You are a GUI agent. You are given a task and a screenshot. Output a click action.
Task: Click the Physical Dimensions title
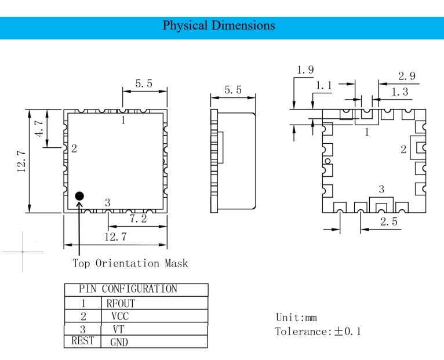219,26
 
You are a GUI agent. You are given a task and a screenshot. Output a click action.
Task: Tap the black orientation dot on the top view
79,196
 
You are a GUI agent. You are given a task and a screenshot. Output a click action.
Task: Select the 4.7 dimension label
39,129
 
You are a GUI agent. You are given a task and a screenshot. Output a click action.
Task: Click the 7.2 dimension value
138,219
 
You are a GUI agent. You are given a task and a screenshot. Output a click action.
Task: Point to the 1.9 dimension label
305,70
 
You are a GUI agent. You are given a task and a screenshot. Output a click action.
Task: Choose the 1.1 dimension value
323,85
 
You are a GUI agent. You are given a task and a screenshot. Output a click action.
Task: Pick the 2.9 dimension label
407,76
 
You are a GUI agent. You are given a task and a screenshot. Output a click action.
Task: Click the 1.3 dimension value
400,92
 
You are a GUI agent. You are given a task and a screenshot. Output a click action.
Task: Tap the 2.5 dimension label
389,221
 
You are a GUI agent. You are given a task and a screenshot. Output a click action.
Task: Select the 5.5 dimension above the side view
233,90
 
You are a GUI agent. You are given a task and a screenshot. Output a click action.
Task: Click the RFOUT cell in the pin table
121,304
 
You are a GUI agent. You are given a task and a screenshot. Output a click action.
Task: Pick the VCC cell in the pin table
120,316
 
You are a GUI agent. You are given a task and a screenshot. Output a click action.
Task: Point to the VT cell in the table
118,329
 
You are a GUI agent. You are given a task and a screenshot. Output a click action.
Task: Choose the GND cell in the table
119,342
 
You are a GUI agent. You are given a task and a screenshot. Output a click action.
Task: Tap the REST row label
83,340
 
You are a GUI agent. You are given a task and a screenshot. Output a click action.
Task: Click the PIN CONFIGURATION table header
128,289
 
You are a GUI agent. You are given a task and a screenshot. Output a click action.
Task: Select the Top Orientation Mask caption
130,263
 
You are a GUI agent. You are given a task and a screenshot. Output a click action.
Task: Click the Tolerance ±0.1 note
318,332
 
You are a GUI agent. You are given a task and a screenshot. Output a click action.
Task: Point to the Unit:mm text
296,318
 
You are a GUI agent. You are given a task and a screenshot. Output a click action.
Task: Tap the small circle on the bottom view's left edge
327,161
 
